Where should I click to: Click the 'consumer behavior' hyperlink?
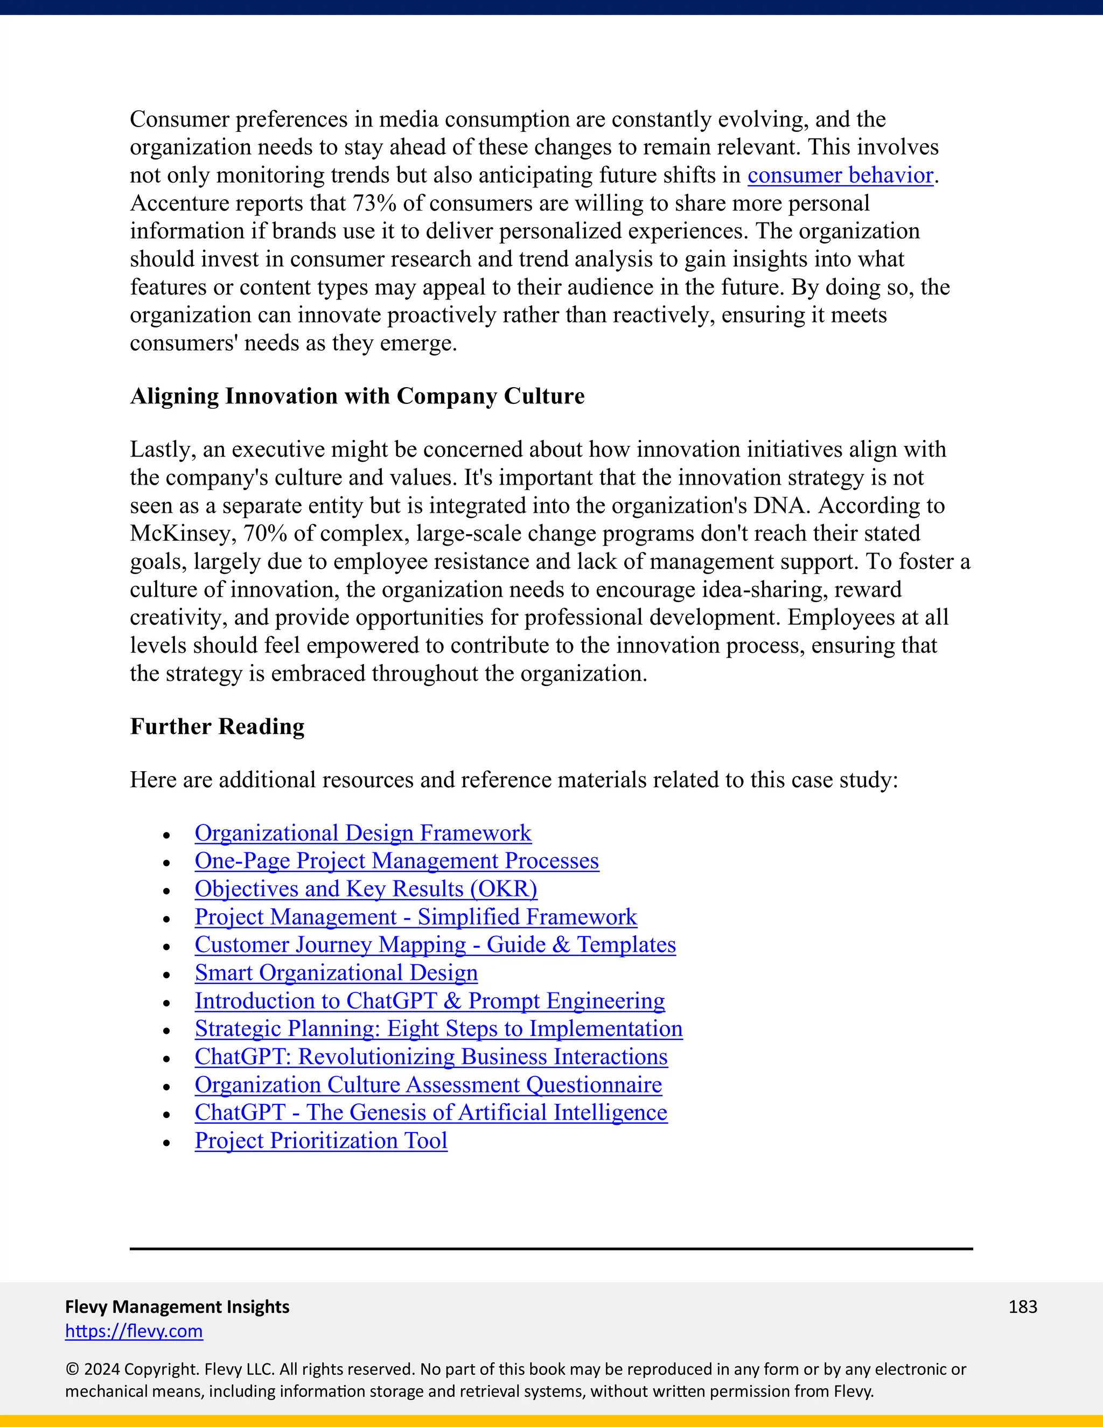[840, 176]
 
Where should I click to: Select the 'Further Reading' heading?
[217, 726]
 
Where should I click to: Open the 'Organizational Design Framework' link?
[362, 833]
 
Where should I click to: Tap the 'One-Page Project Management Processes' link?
[396, 861]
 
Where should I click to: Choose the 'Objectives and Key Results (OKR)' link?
[366, 889]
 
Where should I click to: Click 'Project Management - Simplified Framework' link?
[416, 918]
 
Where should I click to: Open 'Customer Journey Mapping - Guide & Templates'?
[435, 946]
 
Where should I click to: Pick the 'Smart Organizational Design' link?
[336, 974]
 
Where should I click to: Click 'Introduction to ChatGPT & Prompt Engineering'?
[429, 1001]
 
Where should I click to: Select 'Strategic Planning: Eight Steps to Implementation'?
[438, 1029]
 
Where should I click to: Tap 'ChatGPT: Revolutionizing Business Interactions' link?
[431, 1057]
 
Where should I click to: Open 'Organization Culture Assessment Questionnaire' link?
[428, 1085]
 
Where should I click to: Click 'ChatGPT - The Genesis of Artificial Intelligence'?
[431, 1113]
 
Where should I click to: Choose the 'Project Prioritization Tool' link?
[321, 1141]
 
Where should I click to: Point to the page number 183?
[1022, 1307]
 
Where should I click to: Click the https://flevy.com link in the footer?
[134, 1331]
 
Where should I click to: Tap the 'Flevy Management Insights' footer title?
[177, 1307]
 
